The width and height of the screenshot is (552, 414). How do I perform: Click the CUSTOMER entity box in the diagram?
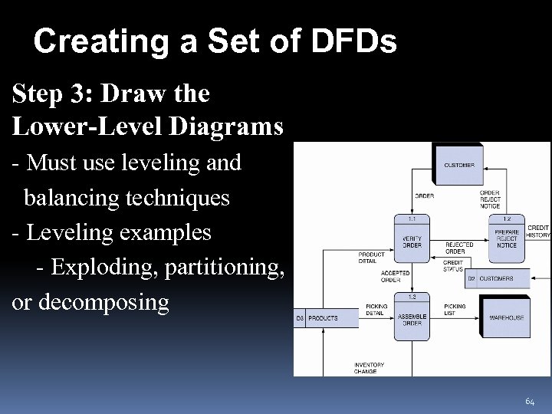click(x=458, y=165)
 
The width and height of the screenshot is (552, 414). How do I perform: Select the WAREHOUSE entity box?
click(x=507, y=317)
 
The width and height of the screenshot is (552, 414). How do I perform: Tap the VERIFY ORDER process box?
click(x=412, y=238)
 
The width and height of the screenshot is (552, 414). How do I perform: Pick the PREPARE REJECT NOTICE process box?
click(x=507, y=238)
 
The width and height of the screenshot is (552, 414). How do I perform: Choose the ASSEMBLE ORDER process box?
click(x=412, y=319)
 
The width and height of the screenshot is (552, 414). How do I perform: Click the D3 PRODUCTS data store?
click(x=326, y=317)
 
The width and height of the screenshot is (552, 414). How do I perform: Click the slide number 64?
click(x=530, y=402)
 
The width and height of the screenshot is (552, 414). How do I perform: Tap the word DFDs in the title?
click(x=355, y=41)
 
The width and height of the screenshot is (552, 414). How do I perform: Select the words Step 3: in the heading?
click(x=53, y=94)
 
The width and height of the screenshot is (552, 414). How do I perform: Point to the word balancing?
click(x=71, y=198)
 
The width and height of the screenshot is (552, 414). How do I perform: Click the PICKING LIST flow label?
click(x=454, y=310)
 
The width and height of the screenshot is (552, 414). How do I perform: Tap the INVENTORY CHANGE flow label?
click(x=369, y=368)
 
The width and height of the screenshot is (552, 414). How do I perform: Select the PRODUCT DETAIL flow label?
click(x=371, y=257)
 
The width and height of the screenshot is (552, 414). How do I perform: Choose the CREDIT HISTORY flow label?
click(x=538, y=232)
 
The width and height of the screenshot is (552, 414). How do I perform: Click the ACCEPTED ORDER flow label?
click(x=395, y=276)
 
